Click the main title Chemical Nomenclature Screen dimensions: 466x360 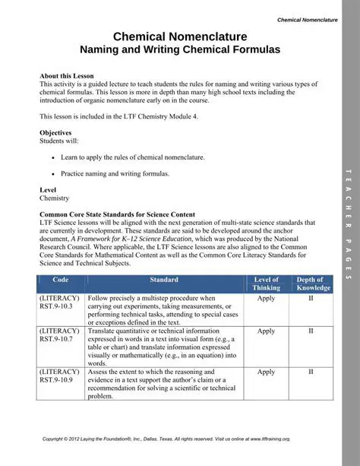point(180,36)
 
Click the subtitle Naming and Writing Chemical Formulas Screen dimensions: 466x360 point(180,49)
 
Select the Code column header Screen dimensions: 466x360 point(62,281)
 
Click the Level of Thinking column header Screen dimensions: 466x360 point(266,284)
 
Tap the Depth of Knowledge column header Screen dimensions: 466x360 point(310,284)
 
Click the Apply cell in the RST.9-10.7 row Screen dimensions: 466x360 point(266,331)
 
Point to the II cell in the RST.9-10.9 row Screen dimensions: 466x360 point(310,372)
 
